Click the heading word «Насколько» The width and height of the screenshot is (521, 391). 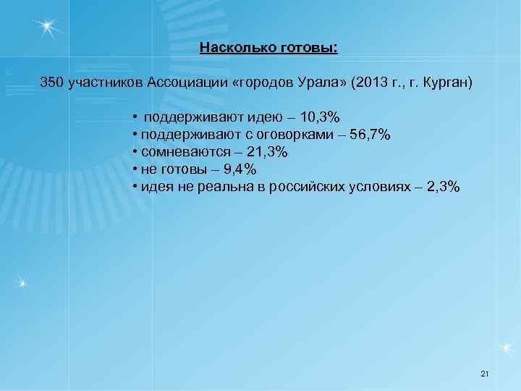coord(233,48)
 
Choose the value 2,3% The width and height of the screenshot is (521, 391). coord(442,187)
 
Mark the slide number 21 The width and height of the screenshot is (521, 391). coord(485,373)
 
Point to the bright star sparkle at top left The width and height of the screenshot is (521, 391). coord(47,27)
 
